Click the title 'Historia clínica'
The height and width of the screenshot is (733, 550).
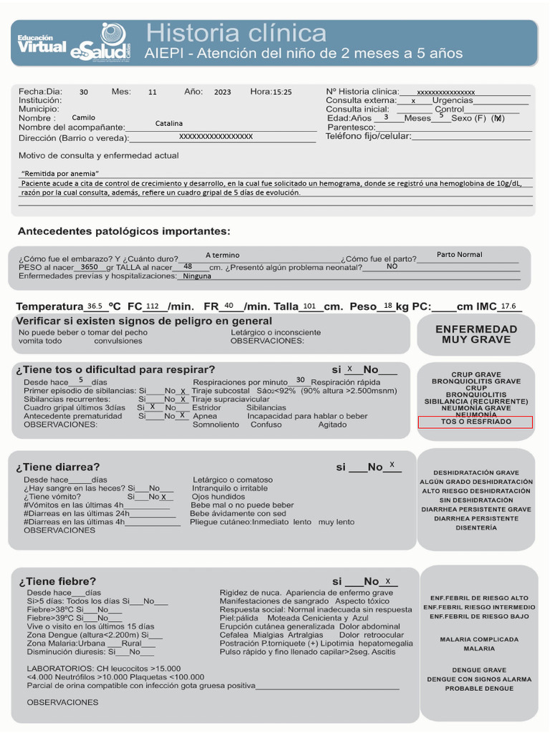(x=236, y=33)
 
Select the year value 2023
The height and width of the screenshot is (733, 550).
(x=223, y=92)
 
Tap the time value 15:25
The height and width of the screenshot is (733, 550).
(x=282, y=92)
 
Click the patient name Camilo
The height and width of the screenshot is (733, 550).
(x=84, y=117)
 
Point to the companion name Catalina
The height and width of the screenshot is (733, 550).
(x=169, y=124)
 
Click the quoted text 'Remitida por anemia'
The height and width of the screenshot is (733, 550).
(x=60, y=173)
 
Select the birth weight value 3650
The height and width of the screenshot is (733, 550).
(x=90, y=266)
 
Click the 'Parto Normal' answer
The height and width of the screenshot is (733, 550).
(x=459, y=255)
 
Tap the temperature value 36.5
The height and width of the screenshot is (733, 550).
(x=95, y=306)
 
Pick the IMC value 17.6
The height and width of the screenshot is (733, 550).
(x=508, y=306)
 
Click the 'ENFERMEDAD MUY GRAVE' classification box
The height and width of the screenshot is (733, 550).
(x=476, y=334)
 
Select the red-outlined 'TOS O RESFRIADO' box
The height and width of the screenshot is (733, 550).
(x=476, y=422)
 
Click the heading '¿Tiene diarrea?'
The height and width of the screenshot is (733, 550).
(x=58, y=467)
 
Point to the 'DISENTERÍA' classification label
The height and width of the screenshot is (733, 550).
(x=476, y=528)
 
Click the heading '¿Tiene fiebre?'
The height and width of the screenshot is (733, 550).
(x=57, y=581)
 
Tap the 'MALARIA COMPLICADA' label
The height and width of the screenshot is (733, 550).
(x=479, y=639)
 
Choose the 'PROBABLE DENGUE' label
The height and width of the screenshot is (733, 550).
(x=479, y=689)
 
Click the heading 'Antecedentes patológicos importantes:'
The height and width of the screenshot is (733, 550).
(x=124, y=231)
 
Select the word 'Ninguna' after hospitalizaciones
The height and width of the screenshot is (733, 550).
(x=197, y=276)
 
